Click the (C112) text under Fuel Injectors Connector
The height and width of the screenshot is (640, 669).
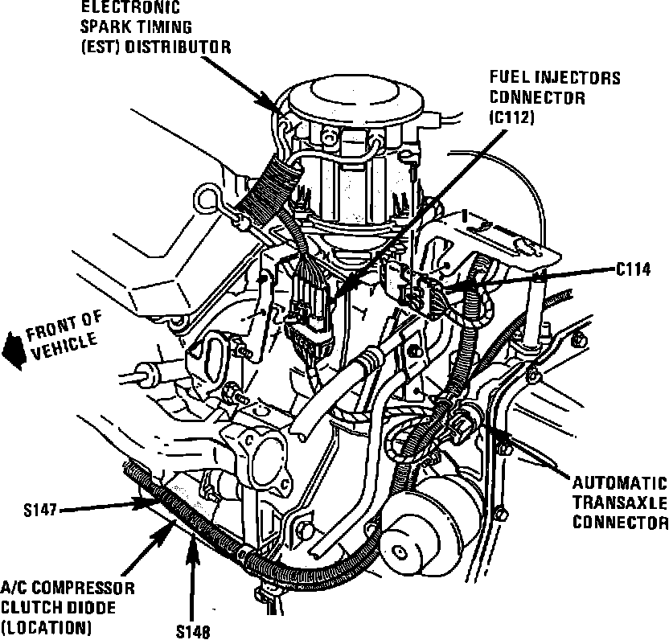511,117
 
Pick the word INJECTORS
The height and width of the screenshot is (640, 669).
579,79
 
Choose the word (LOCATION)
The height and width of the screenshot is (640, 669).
45,626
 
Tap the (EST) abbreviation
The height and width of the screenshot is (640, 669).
99,47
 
